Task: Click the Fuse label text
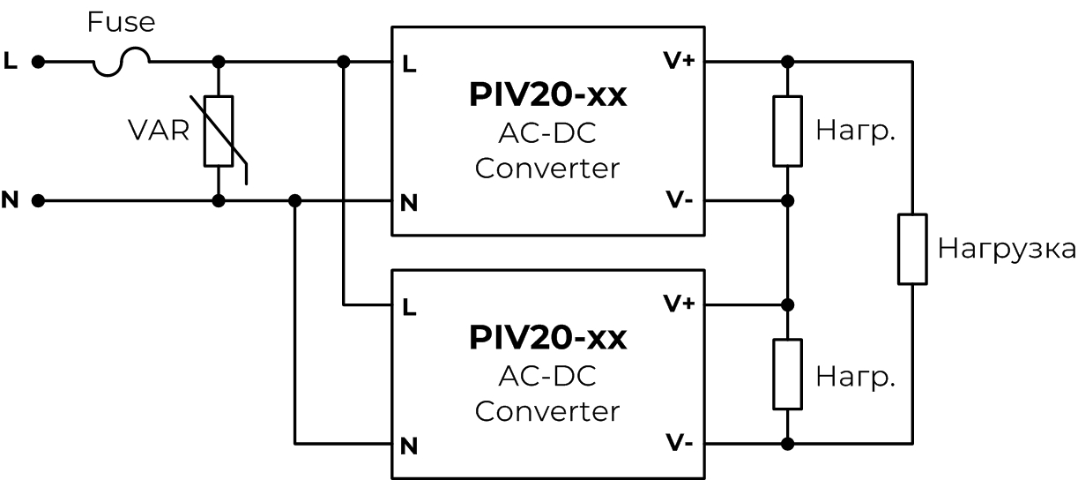pos(122,22)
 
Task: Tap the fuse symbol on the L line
pos(122,62)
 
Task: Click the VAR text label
pos(159,131)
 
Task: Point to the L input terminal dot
pos(38,62)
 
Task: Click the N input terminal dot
pos(38,200)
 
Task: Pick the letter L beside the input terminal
pos(10,61)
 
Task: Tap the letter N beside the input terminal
pos(10,199)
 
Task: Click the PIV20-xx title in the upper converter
pos(547,94)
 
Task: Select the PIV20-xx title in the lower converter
pos(547,337)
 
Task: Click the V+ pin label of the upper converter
pos(679,61)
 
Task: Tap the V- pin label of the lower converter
pos(679,442)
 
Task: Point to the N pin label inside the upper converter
pos(409,203)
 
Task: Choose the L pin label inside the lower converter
pos(409,307)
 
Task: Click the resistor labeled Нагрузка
pos(912,249)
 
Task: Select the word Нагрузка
pos(1007,249)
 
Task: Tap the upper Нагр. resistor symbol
pos(787,131)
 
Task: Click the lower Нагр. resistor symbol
pos(787,374)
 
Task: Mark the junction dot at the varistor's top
pos(219,62)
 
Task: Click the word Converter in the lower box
pos(547,411)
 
